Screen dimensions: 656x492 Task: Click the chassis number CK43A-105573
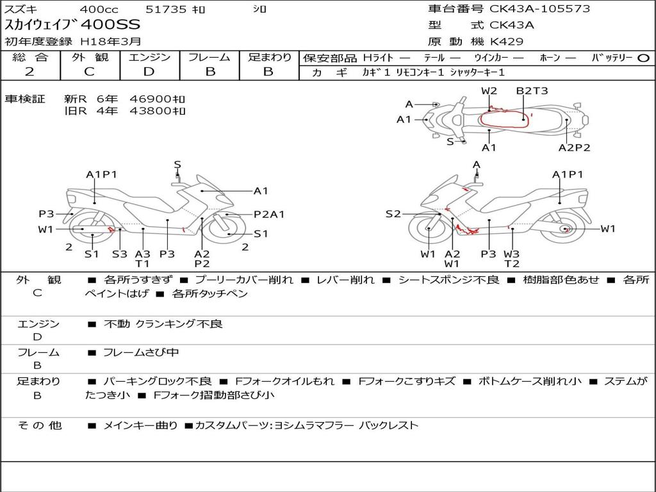(539, 8)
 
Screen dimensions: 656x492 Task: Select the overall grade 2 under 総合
(29, 72)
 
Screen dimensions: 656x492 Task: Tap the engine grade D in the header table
(149, 72)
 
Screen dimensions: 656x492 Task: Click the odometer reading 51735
(166, 9)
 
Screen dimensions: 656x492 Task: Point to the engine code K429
(507, 42)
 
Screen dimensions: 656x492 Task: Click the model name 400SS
(110, 25)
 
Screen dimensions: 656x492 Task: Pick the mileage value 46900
(151, 99)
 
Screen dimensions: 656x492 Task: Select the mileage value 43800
(151, 111)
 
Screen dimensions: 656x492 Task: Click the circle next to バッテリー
(643, 58)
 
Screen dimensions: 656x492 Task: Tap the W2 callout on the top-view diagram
(489, 91)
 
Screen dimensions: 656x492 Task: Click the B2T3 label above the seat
(532, 91)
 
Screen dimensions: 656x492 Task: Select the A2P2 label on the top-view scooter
(574, 147)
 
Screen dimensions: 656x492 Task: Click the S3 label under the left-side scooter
(120, 254)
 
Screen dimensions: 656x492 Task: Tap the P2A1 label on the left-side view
(269, 214)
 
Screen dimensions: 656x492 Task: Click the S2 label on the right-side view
(393, 214)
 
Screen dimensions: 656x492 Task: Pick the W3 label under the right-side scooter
(511, 254)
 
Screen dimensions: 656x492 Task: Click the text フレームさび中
(141, 352)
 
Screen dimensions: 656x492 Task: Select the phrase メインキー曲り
(140, 425)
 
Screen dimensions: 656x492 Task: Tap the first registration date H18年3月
(110, 42)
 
